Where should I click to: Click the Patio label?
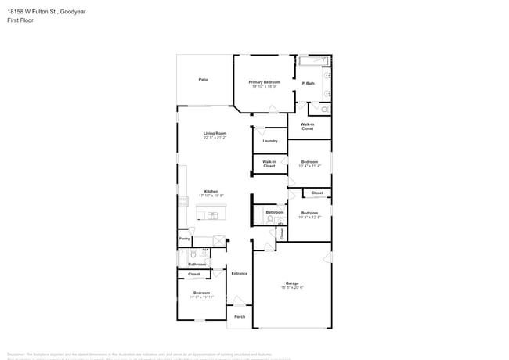pyautogui.click(x=203, y=80)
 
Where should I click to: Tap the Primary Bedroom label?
pyautogui.click(x=265, y=82)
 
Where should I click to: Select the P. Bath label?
pyautogui.click(x=309, y=83)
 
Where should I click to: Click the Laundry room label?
pyautogui.click(x=269, y=141)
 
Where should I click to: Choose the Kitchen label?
pyautogui.click(x=211, y=191)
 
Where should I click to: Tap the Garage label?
pyautogui.click(x=291, y=283)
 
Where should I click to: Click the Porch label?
pyautogui.click(x=240, y=316)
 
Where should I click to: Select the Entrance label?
pyautogui.click(x=240, y=273)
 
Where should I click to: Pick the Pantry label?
pyautogui.click(x=184, y=239)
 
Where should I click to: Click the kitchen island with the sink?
pyautogui.click(x=208, y=214)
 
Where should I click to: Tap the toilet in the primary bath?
pyautogui.click(x=326, y=110)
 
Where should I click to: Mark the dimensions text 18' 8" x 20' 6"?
pyautogui.click(x=291, y=288)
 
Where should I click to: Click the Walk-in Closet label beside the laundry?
pyautogui.click(x=269, y=164)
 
